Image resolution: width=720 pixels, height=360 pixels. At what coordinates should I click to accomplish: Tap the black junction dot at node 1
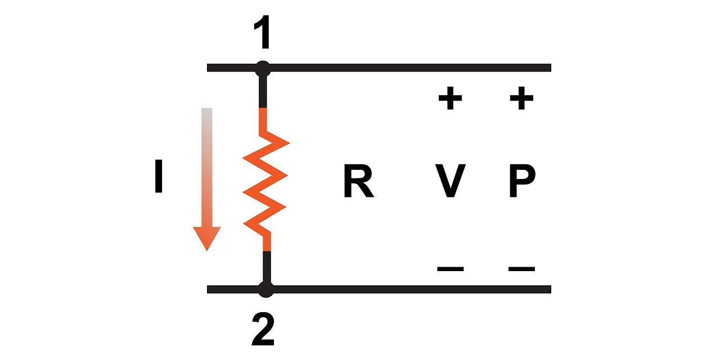tap(263, 69)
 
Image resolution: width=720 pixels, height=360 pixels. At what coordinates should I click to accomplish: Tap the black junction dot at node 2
tap(265, 290)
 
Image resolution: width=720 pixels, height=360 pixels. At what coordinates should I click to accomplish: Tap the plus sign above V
tap(450, 100)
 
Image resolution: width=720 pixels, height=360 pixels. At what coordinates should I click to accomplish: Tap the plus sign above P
tap(521, 100)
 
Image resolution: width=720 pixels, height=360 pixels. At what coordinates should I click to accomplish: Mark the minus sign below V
tap(450, 269)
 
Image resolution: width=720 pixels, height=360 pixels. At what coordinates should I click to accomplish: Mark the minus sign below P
tap(521, 269)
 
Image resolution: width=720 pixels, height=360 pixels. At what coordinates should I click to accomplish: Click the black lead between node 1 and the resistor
tap(263, 90)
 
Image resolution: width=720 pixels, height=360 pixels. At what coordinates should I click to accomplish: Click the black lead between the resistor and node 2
tap(267, 267)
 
